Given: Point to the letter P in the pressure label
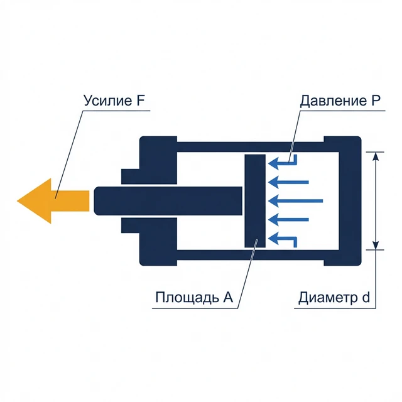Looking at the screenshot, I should pyautogui.click(x=369, y=101).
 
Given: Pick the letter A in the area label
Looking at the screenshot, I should pyautogui.click(x=229, y=298).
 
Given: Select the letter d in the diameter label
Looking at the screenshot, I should pyautogui.click(x=366, y=298).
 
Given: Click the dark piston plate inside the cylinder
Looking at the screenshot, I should pyautogui.click(x=255, y=201).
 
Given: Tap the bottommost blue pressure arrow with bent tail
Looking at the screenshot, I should pyautogui.click(x=283, y=238).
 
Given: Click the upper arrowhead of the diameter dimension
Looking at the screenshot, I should pyautogui.click(x=376, y=156).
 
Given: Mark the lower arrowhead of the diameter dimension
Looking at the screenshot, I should pyautogui.click(x=376, y=244).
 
